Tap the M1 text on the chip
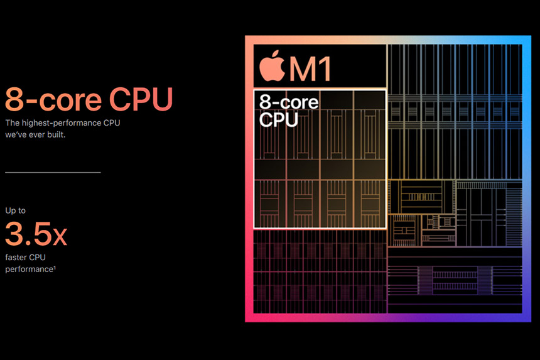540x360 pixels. [x=310, y=68]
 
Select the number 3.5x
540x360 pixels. [x=36, y=234]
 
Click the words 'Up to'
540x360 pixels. [x=15, y=210]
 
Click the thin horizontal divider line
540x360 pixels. [x=53, y=172]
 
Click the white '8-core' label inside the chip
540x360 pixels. [x=289, y=102]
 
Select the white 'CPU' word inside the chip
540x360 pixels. [x=278, y=119]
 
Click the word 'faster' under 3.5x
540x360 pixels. [x=16, y=257]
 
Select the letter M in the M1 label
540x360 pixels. [x=301, y=68]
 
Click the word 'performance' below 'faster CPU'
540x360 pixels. [x=27, y=269]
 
